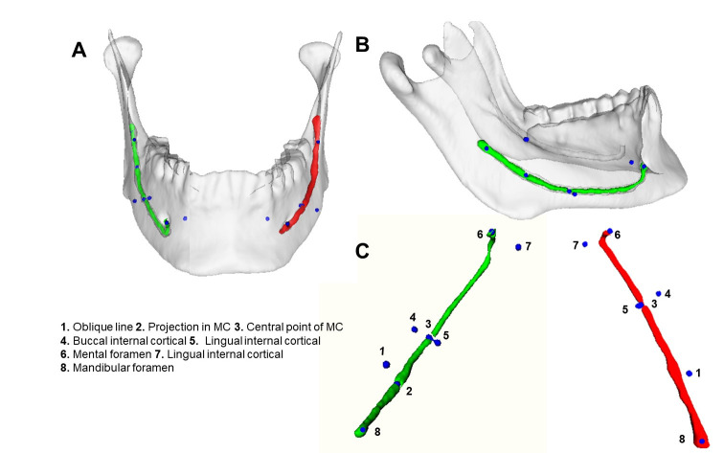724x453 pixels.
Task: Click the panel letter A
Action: [x=81, y=51]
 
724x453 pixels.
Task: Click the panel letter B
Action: [x=362, y=44]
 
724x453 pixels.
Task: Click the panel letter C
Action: [x=363, y=251]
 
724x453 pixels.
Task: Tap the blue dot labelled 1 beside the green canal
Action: [x=386, y=364]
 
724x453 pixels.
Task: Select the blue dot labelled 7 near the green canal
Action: [x=518, y=247]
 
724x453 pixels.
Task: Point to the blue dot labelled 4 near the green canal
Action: [x=415, y=328]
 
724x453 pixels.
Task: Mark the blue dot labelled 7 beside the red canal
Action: [x=584, y=244]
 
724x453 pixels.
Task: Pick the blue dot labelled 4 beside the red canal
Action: [x=658, y=294]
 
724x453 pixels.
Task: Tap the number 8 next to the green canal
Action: [x=377, y=432]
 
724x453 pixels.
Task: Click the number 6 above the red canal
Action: [x=618, y=234]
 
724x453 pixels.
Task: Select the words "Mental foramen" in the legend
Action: [x=115, y=353]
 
